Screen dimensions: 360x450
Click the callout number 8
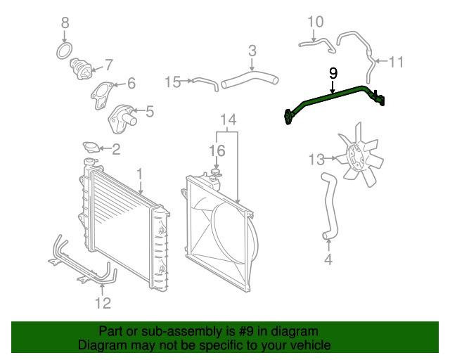click(65, 23)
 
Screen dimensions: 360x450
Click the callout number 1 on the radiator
click(139, 173)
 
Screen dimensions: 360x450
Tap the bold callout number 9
click(333, 73)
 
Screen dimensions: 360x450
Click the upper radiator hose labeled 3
click(250, 78)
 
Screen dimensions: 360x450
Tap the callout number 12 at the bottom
click(103, 303)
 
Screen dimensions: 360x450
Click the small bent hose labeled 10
click(316, 44)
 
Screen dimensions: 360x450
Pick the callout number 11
click(397, 62)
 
